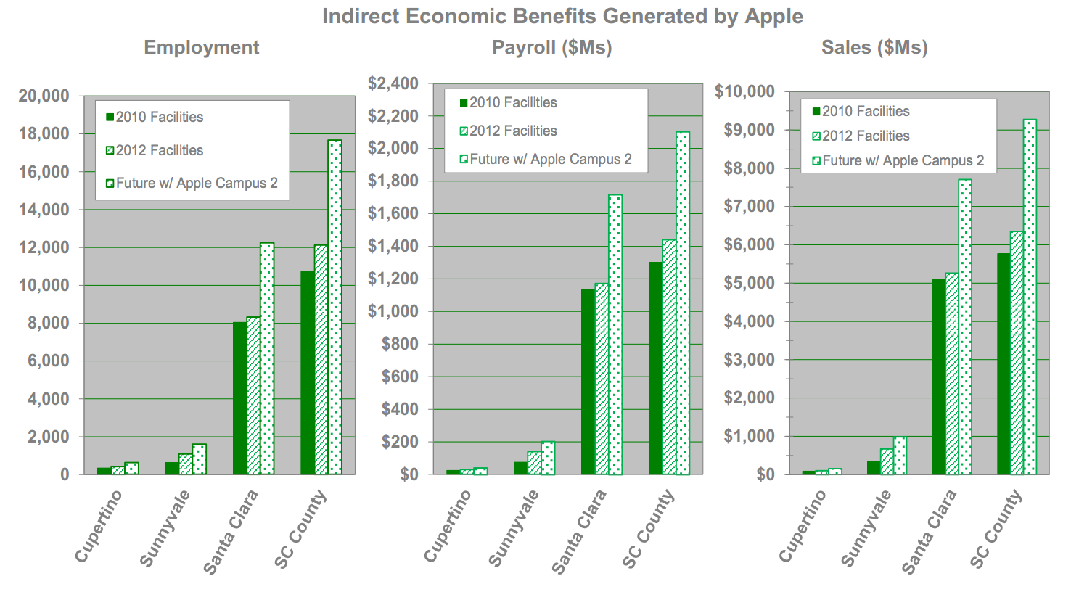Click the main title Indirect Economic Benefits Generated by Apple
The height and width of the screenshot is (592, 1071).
tap(562, 16)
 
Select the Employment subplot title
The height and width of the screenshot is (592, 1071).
tap(201, 47)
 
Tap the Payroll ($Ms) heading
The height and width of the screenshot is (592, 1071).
tap(551, 47)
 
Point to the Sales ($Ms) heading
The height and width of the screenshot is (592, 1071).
tap(874, 47)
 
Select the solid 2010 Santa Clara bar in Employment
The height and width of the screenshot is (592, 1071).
tap(239, 398)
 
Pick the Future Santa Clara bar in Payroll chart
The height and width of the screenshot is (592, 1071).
tap(615, 334)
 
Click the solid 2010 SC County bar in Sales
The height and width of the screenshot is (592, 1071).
tap(1004, 363)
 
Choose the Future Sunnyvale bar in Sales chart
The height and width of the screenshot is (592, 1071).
tap(900, 456)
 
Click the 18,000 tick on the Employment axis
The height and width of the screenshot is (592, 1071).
tap(44, 133)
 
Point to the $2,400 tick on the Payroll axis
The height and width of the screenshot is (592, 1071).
tap(393, 83)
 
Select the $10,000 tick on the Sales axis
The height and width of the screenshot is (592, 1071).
tap(744, 91)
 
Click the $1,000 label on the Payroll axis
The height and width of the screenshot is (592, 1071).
tap(393, 311)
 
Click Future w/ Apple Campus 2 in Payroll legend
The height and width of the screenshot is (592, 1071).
tap(550, 159)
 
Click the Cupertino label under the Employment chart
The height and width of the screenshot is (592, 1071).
tap(99, 525)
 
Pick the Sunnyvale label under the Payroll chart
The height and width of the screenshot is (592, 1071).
tap(514, 527)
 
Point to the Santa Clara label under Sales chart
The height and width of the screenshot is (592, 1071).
tap(930, 531)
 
